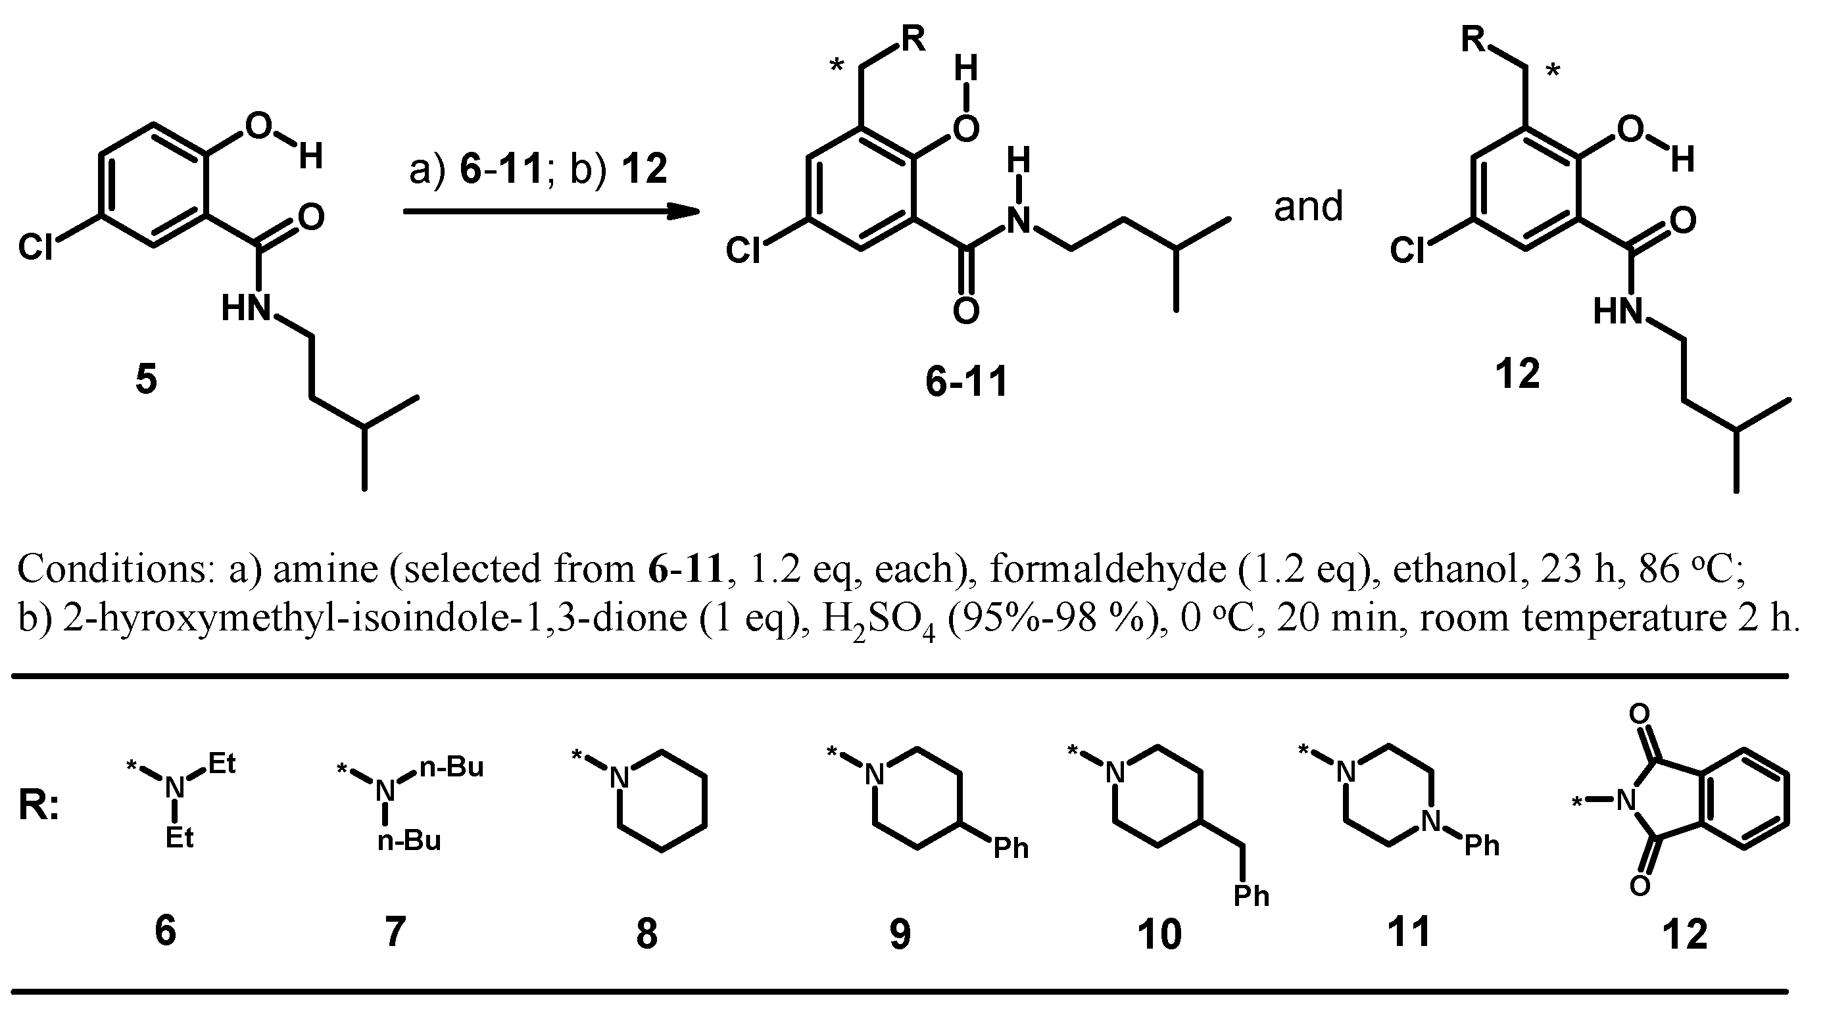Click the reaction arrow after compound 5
click(550, 211)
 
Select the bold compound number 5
click(146, 379)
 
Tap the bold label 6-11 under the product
click(966, 383)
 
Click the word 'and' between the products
click(1308, 207)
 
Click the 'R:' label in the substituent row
click(39, 807)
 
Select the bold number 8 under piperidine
click(646, 934)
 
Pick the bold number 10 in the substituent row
click(1159, 934)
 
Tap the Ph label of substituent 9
click(1011, 847)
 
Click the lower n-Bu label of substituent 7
click(410, 841)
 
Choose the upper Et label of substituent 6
click(222, 764)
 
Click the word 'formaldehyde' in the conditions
click(1107, 569)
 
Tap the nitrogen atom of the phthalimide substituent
click(1625, 801)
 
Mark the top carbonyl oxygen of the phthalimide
click(1639, 714)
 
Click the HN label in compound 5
click(247, 309)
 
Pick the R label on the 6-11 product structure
click(913, 39)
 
